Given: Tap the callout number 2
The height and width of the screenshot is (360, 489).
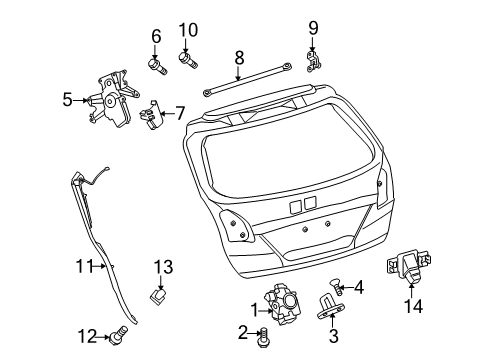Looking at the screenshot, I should click(x=243, y=333).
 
